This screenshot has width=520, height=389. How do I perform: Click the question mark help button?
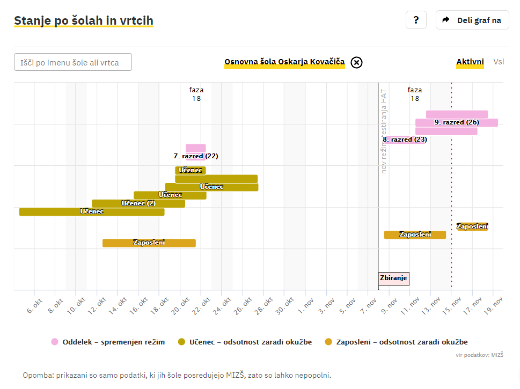click(x=416, y=20)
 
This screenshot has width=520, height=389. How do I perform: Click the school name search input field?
click(x=73, y=62)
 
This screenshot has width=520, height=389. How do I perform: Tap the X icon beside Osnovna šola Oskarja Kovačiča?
click(x=356, y=62)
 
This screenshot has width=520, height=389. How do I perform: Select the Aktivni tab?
click(x=470, y=62)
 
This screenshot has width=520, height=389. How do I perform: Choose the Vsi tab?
click(x=499, y=62)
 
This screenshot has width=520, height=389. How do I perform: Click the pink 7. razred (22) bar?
click(x=195, y=149)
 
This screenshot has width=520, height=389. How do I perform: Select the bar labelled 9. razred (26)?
click(x=456, y=122)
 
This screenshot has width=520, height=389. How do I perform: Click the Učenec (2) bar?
click(x=138, y=203)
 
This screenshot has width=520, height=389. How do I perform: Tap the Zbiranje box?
click(x=394, y=278)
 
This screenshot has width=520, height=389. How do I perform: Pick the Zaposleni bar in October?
click(x=149, y=243)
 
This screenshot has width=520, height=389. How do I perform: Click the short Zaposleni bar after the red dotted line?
click(x=472, y=226)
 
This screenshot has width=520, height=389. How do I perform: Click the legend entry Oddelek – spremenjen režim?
click(x=108, y=342)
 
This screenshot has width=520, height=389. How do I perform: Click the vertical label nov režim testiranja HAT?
click(x=384, y=131)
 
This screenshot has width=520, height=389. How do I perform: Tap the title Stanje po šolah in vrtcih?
click(x=84, y=21)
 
